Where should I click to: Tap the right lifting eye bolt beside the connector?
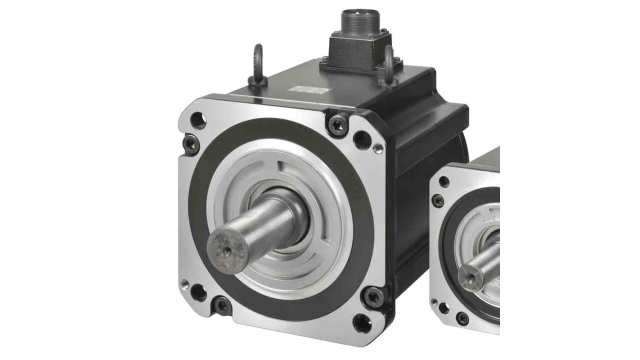tap(389, 62)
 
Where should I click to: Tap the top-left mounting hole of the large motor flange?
tap(198, 122)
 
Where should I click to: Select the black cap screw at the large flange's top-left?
tap(190, 146)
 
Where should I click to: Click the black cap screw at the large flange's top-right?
tap(340, 124)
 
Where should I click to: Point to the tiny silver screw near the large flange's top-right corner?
tap(377, 150)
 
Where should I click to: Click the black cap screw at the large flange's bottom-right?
tap(373, 296)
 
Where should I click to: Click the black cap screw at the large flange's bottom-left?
tap(221, 303)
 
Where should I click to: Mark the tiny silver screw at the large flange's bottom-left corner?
tap(184, 284)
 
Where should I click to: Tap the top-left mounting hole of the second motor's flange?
tap(444, 182)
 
